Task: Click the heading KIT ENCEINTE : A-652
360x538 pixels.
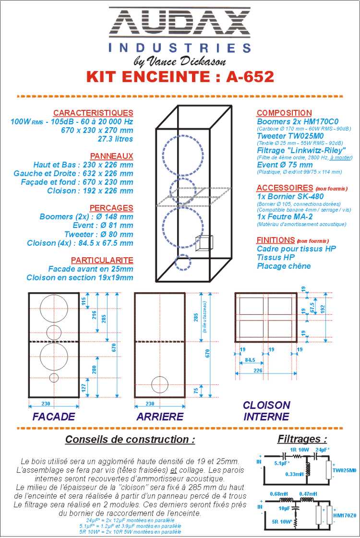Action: pos(180,77)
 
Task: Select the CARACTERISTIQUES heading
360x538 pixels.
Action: pos(93,113)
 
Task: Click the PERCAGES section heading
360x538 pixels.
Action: pos(111,208)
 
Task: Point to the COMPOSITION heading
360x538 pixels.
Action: pos(284,113)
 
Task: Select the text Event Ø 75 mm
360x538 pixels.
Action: pos(285,165)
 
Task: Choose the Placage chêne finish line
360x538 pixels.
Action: pos(284,266)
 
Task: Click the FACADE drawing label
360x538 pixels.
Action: pos(54,417)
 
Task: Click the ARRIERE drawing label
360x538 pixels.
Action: pos(160,417)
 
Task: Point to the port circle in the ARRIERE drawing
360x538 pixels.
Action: pos(160,384)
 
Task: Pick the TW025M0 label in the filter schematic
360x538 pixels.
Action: pos(345,470)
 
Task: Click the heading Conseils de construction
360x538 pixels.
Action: pos(130,439)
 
